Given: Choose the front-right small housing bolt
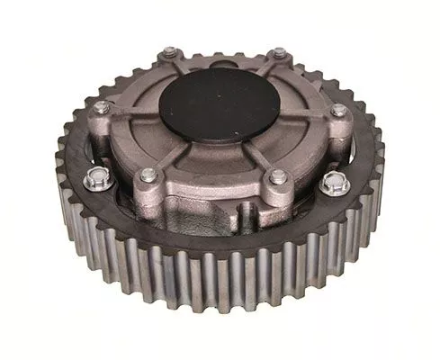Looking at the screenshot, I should [278, 176].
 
